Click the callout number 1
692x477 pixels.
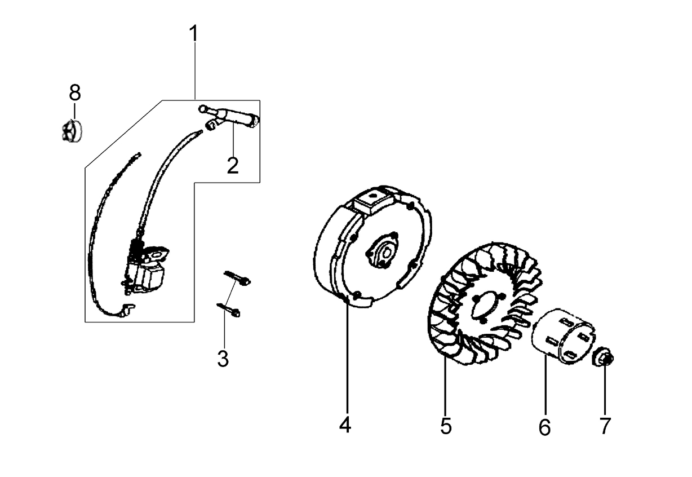[x=194, y=33]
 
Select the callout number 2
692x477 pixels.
[x=233, y=166]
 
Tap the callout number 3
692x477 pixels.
[x=223, y=359]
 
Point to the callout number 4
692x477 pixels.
[x=345, y=425]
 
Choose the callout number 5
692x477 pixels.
[x=446, y=426]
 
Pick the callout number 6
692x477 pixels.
[x=545, y=427]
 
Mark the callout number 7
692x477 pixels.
[x=605, y=426]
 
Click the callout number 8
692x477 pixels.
[x=75, y=92]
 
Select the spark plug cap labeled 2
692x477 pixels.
[x=229, y=116]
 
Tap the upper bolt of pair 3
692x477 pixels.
[x=237, y=278]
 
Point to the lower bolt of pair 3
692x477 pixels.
[x=229, y=310]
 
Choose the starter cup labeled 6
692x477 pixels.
[x=562, y=335]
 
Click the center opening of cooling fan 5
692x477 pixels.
[x=485, y=308]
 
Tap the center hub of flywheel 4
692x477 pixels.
[x=383, y=252]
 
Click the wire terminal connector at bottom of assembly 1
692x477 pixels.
[x=127, y=310]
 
